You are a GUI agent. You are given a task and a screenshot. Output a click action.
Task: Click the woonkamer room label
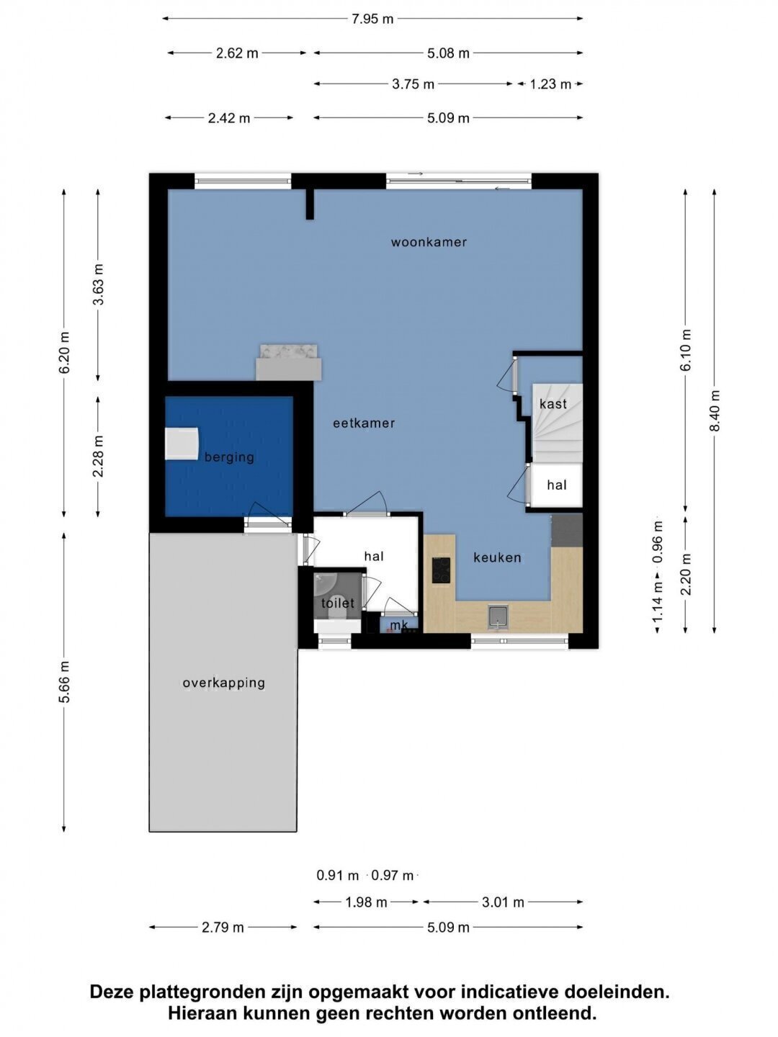point(429,243)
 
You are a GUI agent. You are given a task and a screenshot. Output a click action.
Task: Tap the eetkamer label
point(364,423)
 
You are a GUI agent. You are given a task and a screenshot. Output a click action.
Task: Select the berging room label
point(229,457)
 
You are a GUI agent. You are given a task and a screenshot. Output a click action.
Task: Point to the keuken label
point(497,557)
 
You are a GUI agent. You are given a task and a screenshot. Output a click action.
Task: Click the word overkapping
point(224,683)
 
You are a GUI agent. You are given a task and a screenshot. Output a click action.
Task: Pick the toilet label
point(338,603)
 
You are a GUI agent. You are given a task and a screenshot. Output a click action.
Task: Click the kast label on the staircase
point(553,404)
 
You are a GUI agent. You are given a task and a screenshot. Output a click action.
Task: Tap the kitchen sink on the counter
point(498,618)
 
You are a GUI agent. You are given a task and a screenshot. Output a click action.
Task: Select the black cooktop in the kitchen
point(441,570)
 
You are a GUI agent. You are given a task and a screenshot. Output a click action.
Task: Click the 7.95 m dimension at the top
point(372,19)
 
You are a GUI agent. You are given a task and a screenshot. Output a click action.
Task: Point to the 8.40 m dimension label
point(715,410)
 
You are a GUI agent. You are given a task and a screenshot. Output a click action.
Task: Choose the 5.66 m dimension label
point(64,682)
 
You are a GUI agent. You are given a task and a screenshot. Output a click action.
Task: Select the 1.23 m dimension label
point(550,84)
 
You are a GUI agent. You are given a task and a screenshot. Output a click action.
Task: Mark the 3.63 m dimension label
point(98,284)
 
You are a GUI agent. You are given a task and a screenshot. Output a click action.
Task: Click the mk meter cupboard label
point(398,626)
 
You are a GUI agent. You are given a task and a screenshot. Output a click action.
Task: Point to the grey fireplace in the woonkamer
point(289,363)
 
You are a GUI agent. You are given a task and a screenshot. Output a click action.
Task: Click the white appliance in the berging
point(182,444)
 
